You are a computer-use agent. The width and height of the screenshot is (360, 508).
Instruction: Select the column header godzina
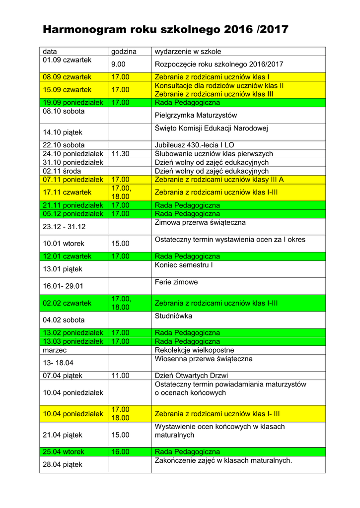(x=124, y=52)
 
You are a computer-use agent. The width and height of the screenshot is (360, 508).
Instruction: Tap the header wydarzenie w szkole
(x=188, y=52)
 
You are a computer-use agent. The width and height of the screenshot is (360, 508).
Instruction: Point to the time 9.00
(x=118, y=64)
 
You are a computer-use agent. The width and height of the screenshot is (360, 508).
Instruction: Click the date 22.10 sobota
(x=64, y=145)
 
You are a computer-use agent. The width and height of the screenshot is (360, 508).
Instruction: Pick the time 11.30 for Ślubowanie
(x=120, y=154)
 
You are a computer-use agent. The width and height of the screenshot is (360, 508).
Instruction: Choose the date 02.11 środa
(x=62, y=171)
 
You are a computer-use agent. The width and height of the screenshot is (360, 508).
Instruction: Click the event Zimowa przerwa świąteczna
(x=200, y=223)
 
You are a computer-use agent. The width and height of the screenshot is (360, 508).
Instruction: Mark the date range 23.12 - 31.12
(x=64, y=227)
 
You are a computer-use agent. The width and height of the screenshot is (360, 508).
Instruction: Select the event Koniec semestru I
(x=184, y=265)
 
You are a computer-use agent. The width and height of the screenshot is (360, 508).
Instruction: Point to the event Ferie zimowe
(x=176, y=282)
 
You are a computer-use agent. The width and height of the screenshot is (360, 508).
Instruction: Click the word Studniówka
(x=173, y=316)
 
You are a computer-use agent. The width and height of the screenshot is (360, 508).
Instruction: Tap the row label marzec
(x=55, y=350)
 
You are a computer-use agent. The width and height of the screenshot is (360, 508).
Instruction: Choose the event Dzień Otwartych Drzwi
(x=191, y=376)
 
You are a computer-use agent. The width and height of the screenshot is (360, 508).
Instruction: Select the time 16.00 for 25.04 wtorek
(x=120, y=452)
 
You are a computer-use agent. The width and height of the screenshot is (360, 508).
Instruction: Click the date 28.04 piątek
(x=63, y=465)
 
